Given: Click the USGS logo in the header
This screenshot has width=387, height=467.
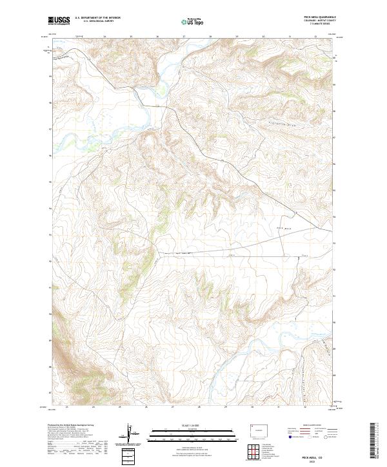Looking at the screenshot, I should [59, 21].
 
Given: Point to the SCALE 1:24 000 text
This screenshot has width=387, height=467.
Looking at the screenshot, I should [193, 426].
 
